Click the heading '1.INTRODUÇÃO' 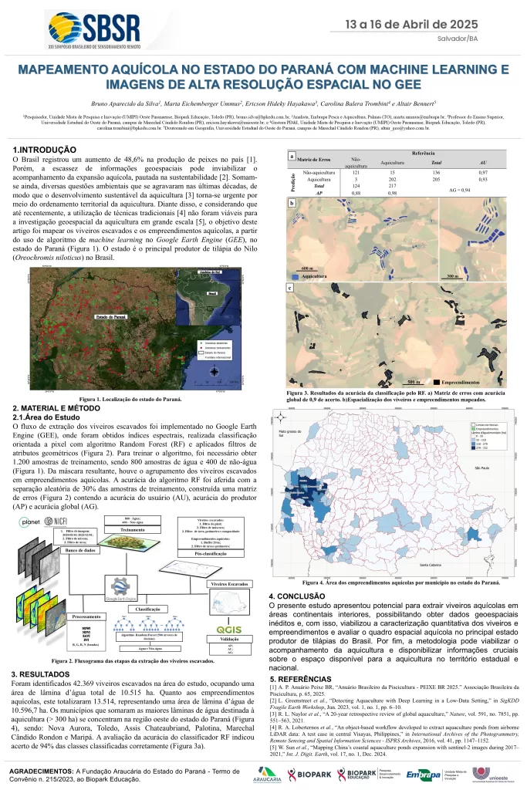(x=43, y=149)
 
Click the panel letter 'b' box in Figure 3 (x=292, y=202)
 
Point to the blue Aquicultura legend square (x=295, y=275)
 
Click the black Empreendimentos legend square (x=436, y=383)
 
